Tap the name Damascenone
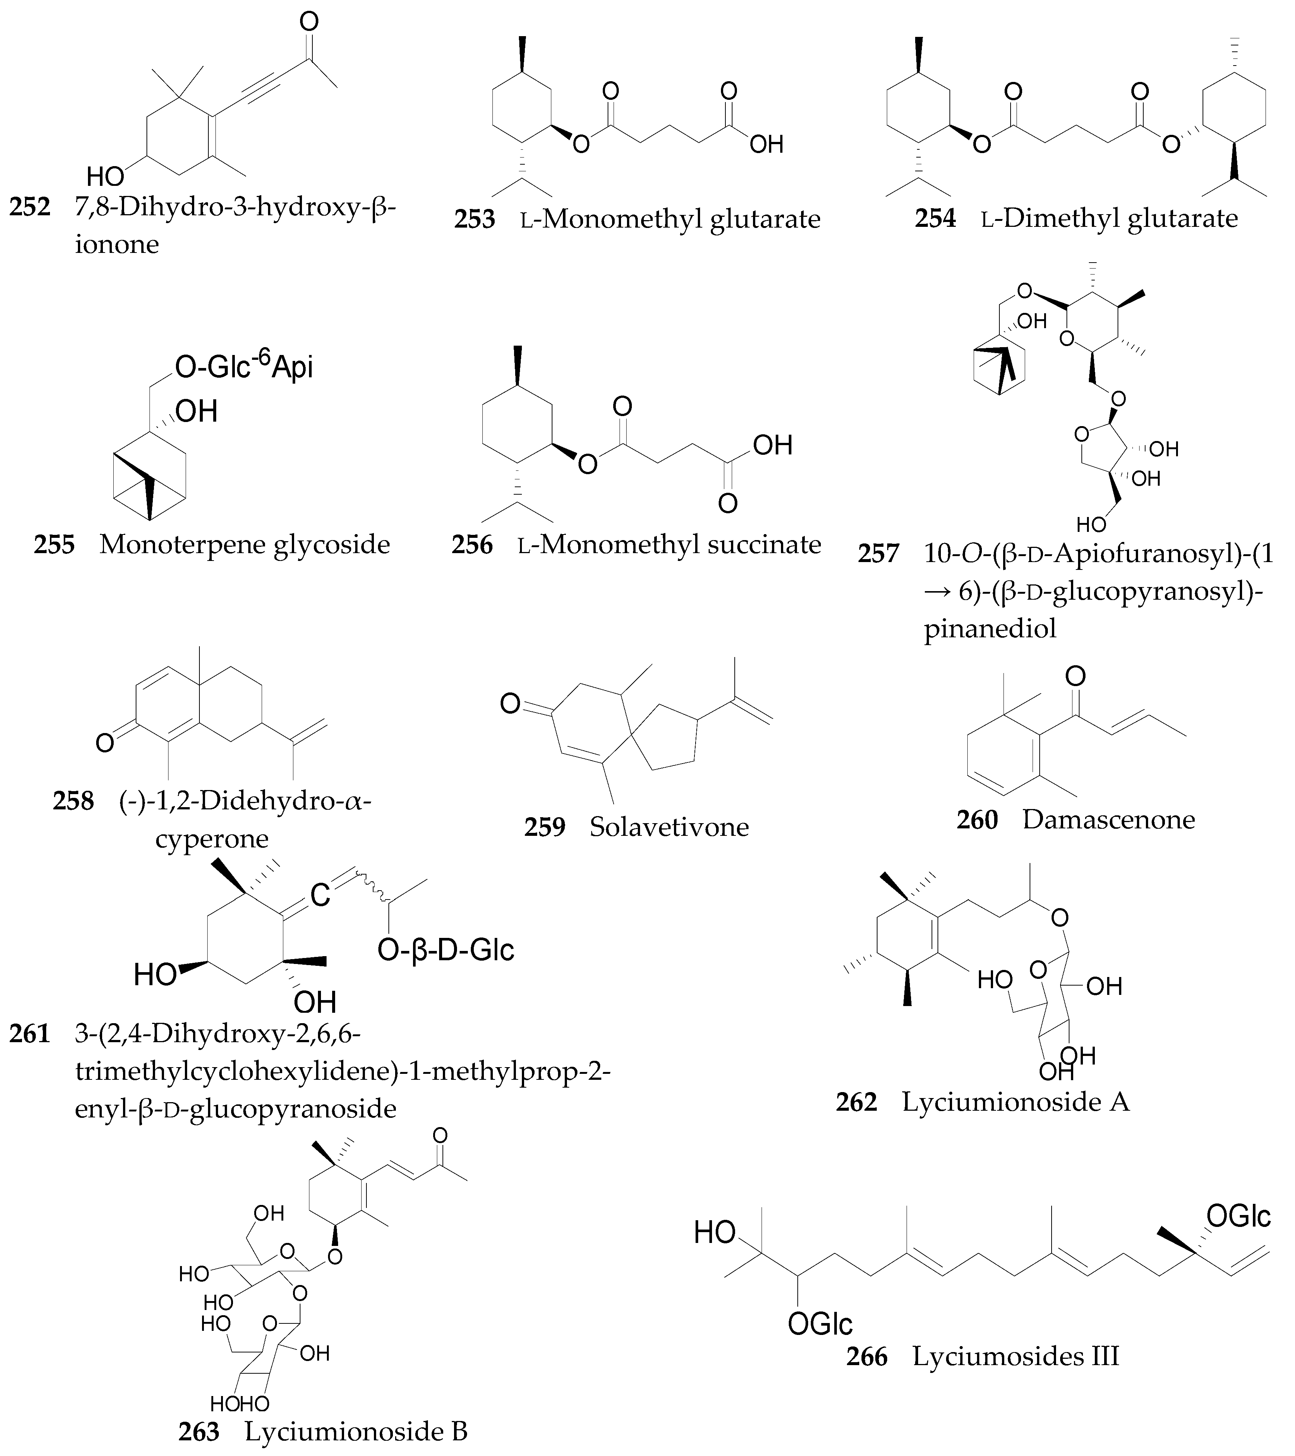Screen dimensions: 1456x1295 click(1108, 819)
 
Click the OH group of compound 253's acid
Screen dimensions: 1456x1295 click(766, 145)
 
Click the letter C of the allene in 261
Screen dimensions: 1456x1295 click(320, 895)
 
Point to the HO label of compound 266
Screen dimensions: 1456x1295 click(715, 1232)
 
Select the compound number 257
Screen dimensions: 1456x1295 click(878, 553)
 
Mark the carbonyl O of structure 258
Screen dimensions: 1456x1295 click(105, 743)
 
